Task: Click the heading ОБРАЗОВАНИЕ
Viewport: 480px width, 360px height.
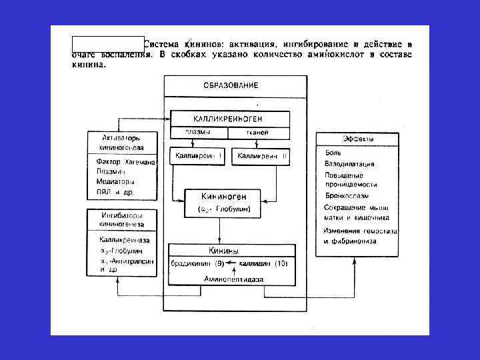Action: pos(231,85)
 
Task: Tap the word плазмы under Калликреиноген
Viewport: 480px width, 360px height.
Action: pos(198,132)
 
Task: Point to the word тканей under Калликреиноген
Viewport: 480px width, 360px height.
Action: pos(257,132)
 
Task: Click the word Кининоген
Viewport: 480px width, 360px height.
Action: pos(224,197)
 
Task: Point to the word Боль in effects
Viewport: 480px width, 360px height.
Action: pos(333,152)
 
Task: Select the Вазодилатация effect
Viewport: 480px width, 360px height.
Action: pos(349,163)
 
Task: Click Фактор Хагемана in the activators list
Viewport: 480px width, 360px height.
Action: pos(125,162)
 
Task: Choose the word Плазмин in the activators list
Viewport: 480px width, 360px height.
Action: pos(111,171)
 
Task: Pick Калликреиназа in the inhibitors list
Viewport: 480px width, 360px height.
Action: pos(124,239)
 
